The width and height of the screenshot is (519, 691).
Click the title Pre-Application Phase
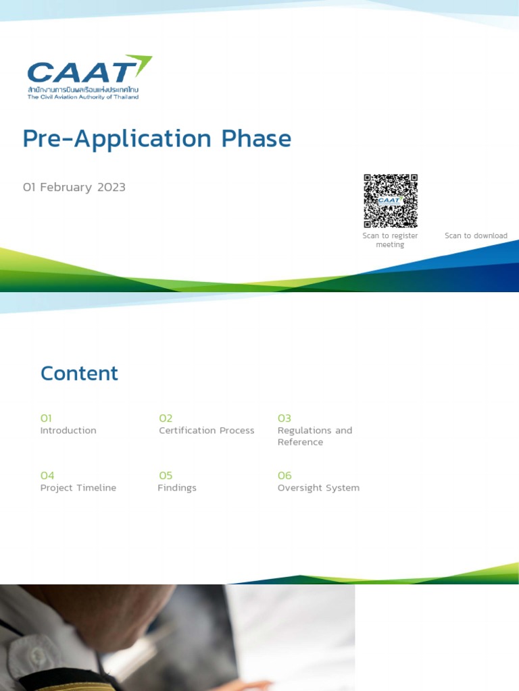[x=157, y=139]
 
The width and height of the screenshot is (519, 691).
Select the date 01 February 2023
[x=74, y=187]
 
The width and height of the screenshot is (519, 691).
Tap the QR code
[x=391, y=200]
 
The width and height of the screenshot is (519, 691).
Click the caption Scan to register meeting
[x=390, y=240]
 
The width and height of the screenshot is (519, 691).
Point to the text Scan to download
[x=476, y=236]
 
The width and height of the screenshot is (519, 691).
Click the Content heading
[x=79, y=373]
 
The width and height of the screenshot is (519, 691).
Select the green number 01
[x=46, y=418]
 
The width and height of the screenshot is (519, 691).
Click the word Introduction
[x=68, y=431]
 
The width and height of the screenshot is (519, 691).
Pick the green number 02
[x=166, y=418]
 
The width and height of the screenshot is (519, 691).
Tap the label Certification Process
[x=206, y=431]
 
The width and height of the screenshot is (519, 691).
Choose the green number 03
[x=284, y=418]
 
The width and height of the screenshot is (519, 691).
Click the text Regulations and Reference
[x=314, y=436]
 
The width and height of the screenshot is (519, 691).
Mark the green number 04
[x=47, y=475]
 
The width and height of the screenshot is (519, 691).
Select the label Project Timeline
[x=78, y=488]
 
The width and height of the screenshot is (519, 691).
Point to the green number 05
[x=166, y=475]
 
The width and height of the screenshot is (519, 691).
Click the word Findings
[x=177, y=488]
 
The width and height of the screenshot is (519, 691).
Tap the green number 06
[x=285, y=475]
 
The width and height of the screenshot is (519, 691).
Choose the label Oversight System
[x=318, y=488]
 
